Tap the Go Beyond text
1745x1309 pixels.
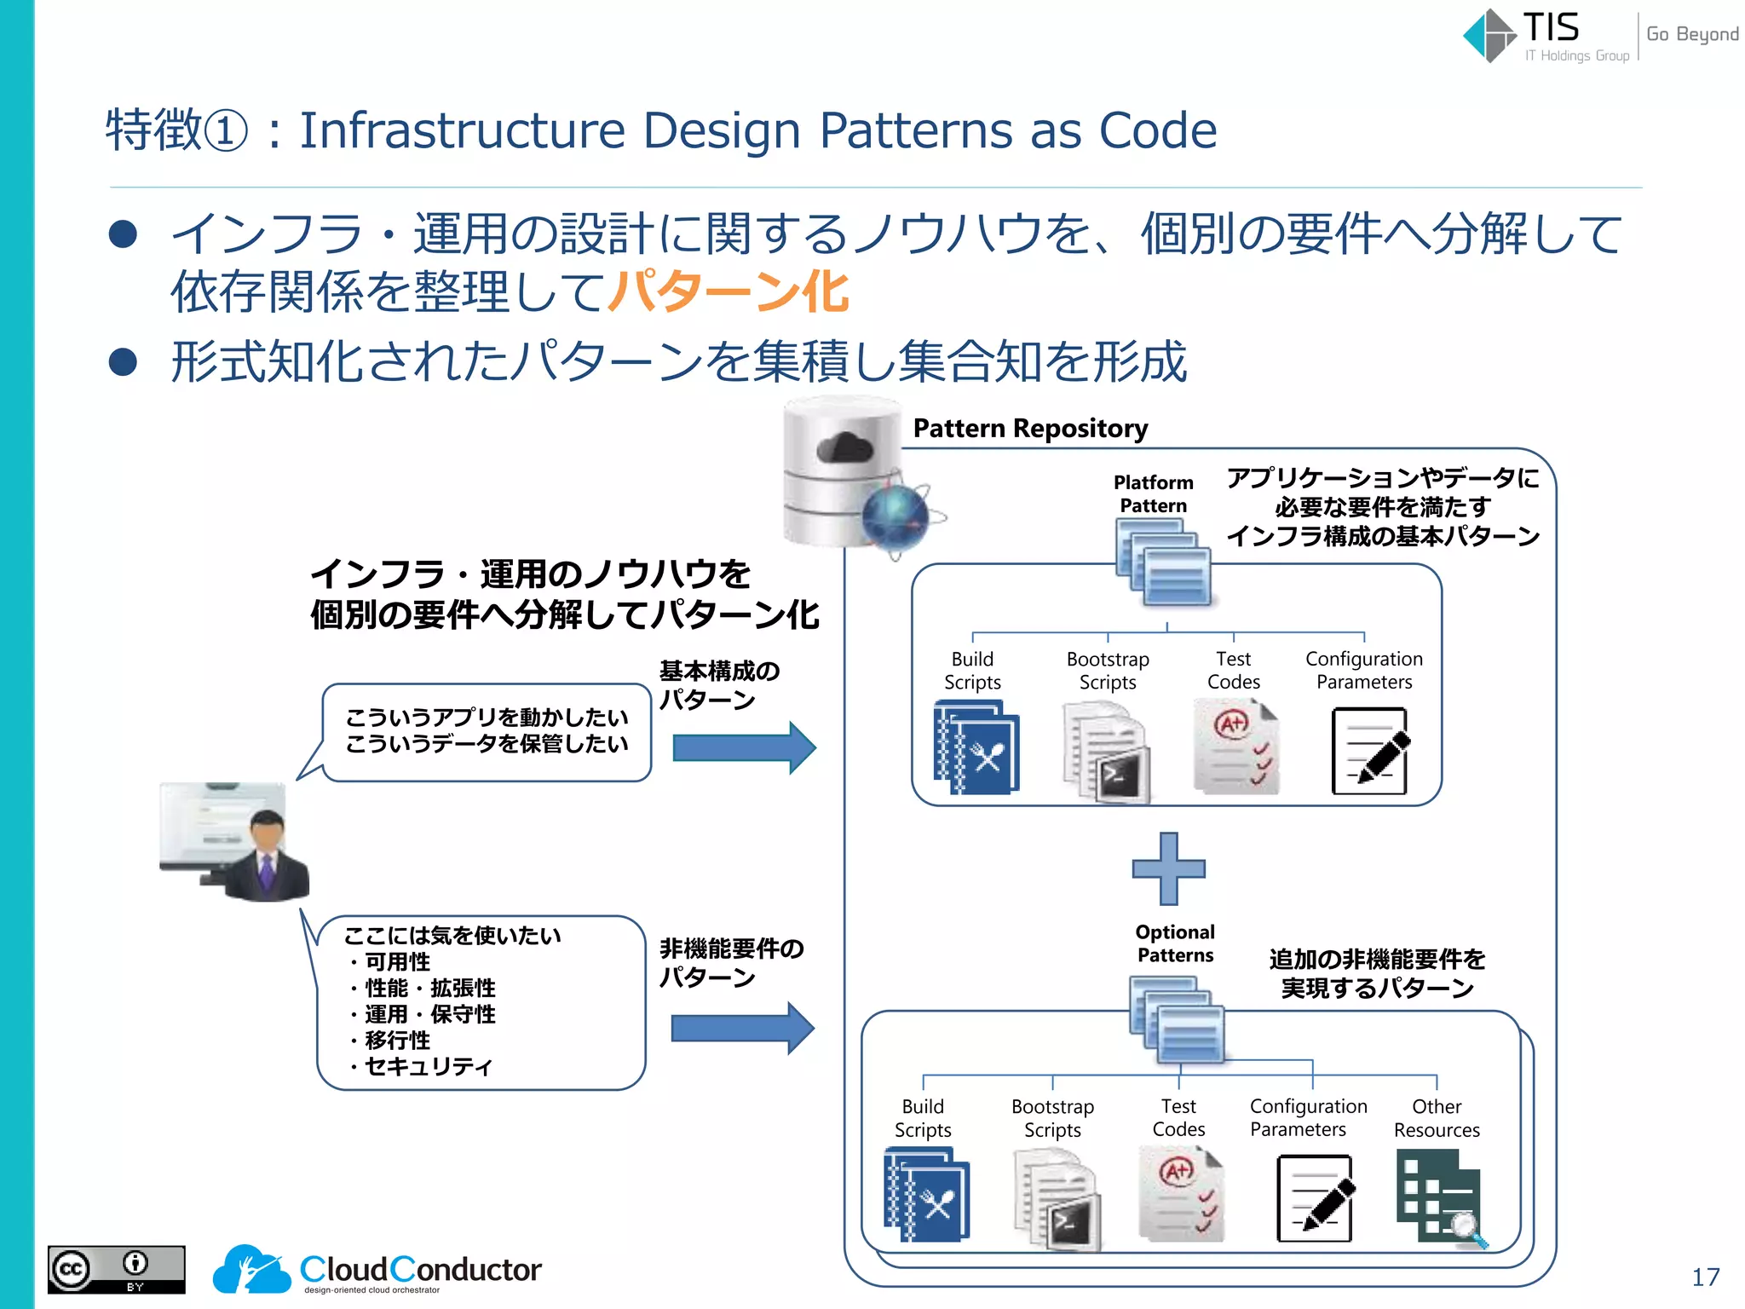click(x=1691, y=34)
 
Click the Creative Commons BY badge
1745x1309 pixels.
click(x=116, y=1269)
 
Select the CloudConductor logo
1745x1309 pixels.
click(x=377, y=1269)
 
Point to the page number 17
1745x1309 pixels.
click(x=1705, y=1277)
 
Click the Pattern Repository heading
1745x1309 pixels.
click(x=1029, y=428)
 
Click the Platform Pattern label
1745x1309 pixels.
click(x=1153, y=494)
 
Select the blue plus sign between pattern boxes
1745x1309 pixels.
click(x=1168, y=868)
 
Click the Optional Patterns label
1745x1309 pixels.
click(x=1175, y=943)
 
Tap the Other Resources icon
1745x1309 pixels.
click(x=1440, y=1197)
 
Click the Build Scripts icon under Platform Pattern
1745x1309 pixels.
click(x=976, y=747)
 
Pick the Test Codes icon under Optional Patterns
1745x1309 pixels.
click(x=1180, y=1193)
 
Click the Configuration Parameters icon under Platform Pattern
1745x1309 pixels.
click(x=1368, y=751)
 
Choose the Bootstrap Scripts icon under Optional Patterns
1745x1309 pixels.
click(x=1056, y=1197)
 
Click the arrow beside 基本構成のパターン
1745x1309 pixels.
click(x=743, y=747)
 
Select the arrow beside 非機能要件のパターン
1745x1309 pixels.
click(x=741, y=1029)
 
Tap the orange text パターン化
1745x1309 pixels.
click(x=728, y=291)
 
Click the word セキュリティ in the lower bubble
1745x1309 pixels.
click(x=428, y=1066)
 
